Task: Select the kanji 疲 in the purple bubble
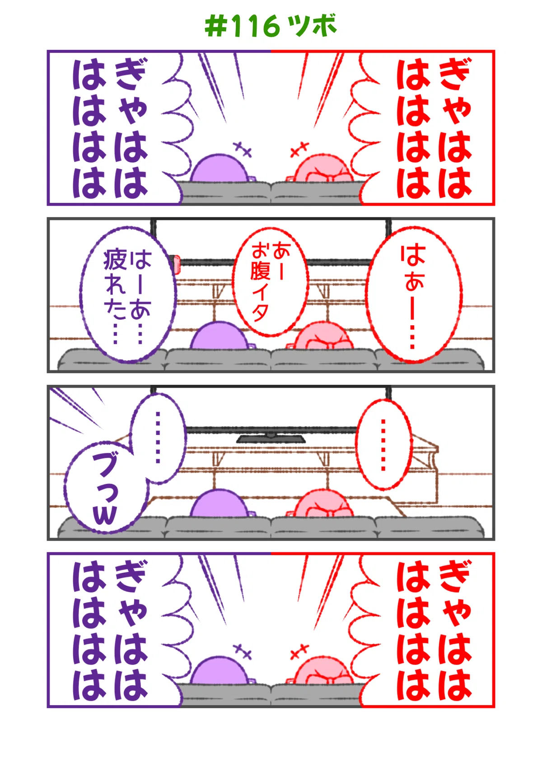[x=115, y=260]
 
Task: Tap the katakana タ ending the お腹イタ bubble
[x=260, y=313]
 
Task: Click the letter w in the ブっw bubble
[x=104, y=516]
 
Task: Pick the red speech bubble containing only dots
[x=383, y=445]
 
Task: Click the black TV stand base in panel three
[x=271, y=439]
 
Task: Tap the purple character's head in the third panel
[x=219, y=504]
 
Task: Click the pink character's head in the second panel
[x=323, y=336]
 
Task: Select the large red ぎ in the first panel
[x=455, y=74]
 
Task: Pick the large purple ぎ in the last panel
[x=131, y=576]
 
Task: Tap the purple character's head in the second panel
[x=219, y=336]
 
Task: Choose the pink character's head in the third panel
[x=323, y=504]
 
